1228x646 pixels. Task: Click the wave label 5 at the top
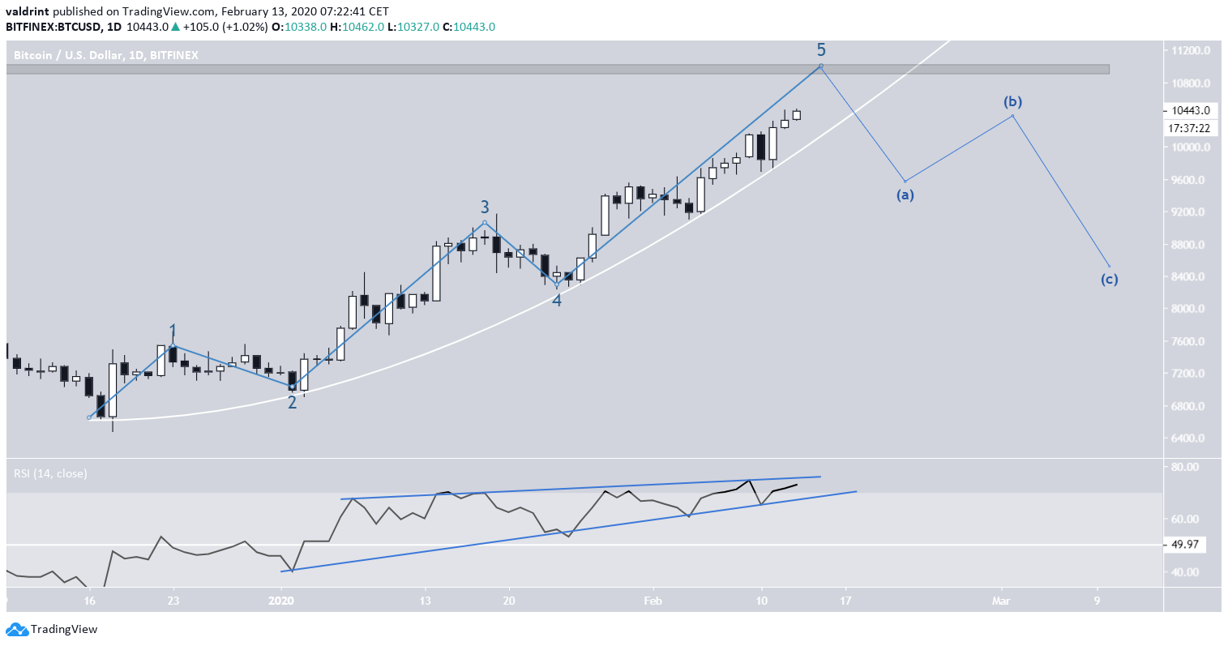pyautogui.click(x=821, y=49)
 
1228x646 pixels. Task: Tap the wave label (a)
pyautogui.click(x=905, y=195)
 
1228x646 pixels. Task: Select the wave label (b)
pyautogui.click(x=1012, y=102)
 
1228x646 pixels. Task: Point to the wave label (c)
pyautogui.click(x=1109, y=280)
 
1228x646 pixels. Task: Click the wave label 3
pyautogui.click(x=485, y=207)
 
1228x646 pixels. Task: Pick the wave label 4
pyautogui.click(x=557, y=300)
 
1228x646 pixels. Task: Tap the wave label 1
pyautogui.click(x=173, y=331)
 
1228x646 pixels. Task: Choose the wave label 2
pyautogui.click(x=293, y=401)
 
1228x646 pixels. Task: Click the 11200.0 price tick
pyautogui.click(x=1190, y=50)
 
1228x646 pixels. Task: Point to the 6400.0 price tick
pyautogui.click(x=1189, y=439)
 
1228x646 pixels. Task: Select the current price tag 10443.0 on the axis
pyautogui.click(x=1190, y=111)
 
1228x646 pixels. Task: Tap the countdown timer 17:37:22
pyautogui.click(x=1190, y=128)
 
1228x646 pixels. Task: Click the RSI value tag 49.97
pyautogui.click(x=1188, y=545)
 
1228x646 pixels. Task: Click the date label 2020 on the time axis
pyautogui.click(x=281, y=601)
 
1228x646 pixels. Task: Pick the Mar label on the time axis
pyautogui.click(x=1002, y=601)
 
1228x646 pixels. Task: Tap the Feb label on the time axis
pyautogui.click(x=653, y=601)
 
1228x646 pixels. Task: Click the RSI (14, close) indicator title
pyautogui.click(x=50, y=473)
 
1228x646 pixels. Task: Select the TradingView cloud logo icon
pyautogui.click(x=15, y=629)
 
